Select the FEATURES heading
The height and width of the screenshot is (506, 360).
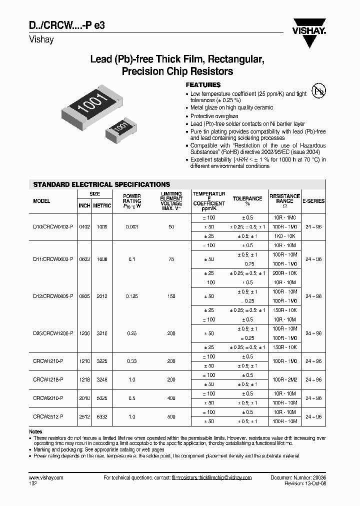[x=203, y=85]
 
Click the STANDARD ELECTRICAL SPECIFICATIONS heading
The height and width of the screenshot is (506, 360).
[x=101, y=184]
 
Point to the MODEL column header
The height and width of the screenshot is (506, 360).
[x=41, y=201]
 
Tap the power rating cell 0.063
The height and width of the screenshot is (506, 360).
[x=132, y=226]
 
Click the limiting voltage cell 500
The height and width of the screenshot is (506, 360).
[x=171, y=416]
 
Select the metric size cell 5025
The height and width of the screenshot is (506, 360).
[x=102, y=398]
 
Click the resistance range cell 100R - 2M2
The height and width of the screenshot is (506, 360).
[x=285, y=380]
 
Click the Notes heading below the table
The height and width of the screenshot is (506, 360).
[x=35, y=431]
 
